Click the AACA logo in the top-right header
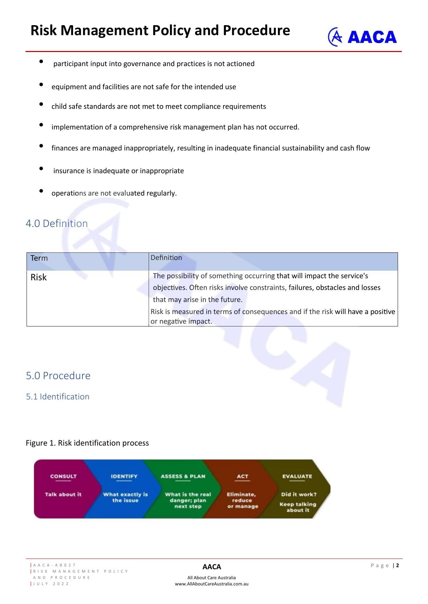[x=362, y=37]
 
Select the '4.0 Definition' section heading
[x=57, y=223]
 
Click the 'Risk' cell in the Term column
[x=39, y=277]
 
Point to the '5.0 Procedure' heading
[x=58, y=375]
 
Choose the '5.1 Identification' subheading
[x=58, y=396]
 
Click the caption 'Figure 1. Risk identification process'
[x=87, y=443]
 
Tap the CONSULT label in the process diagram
[x=63, y=476]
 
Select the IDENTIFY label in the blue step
[x=124, y=476]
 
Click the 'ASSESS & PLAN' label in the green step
[x=183, y=476]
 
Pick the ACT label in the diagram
[x=242, y=476]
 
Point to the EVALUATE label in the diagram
[x=297, y=476]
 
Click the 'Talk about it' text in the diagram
[x=63, y=494]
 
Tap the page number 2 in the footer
[x=397, y=565]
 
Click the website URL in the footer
[x=211, y=584]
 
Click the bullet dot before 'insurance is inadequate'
[x=41, y=168]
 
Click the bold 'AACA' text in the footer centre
[x=211, y=566]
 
